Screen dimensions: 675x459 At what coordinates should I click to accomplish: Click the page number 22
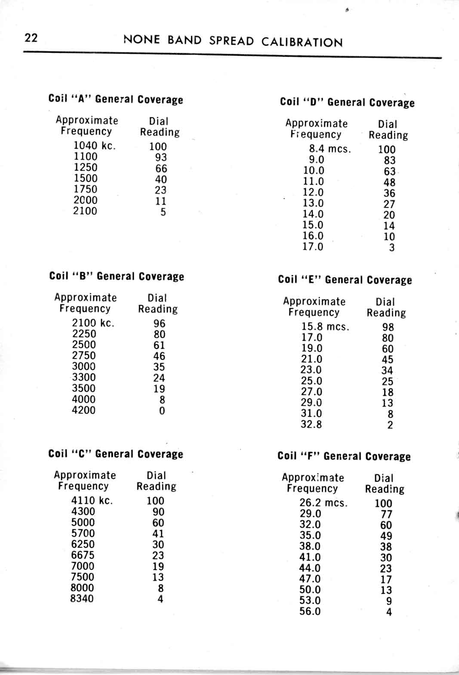(31, 38)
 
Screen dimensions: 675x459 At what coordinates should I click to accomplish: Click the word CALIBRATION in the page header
(302, 42)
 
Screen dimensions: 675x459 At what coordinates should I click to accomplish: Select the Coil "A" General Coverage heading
(116, 99)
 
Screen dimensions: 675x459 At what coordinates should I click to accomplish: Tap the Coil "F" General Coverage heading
(344, 456)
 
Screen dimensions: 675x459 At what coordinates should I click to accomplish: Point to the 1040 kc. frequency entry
(95, 146)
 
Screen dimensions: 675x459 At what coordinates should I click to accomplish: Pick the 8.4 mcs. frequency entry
(330, 149)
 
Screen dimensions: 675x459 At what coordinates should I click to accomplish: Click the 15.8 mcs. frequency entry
(325, 327)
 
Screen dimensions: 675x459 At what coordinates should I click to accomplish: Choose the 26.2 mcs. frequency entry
(323, 503)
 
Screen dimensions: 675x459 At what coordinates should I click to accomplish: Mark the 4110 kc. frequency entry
(92, 500)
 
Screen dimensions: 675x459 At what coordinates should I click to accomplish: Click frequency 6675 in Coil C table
(83, 555)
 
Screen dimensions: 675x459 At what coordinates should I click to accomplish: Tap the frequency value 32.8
(311, 425)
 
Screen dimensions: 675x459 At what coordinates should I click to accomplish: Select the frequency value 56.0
(310, 611)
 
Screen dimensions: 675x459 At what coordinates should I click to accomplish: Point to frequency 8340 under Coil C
(82, 598)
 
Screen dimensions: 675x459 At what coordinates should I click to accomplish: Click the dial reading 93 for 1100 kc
(161, 157)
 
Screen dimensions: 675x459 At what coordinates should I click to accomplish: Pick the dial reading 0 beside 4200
(162, 411)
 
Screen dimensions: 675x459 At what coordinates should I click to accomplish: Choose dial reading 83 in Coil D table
(389, 160)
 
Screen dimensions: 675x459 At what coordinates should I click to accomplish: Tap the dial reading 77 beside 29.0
(386, 514)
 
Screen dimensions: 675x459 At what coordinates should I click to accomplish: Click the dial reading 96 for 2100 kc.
(159, 323)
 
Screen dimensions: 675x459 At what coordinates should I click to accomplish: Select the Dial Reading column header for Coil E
(386, 307)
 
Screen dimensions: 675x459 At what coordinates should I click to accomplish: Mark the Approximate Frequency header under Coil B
(85, 303)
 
